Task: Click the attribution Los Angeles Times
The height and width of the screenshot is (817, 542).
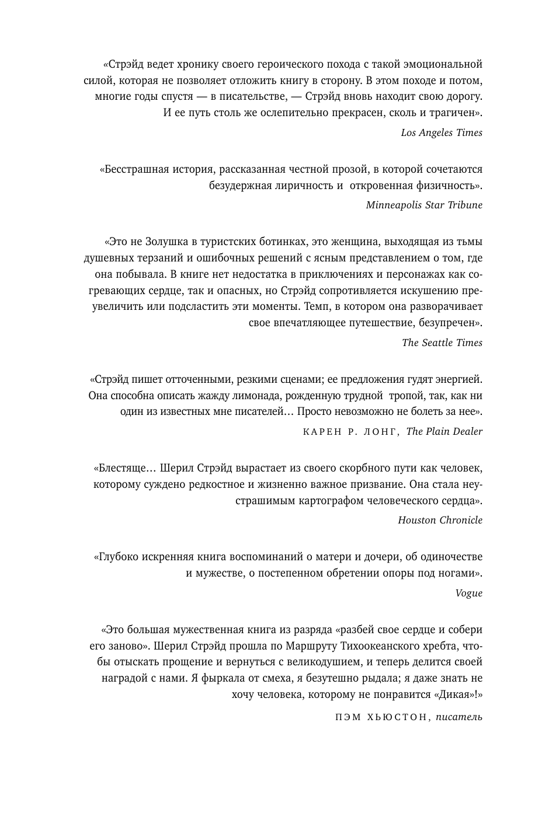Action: tap(442, 132)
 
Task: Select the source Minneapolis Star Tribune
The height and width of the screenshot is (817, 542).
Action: tap(424, 205)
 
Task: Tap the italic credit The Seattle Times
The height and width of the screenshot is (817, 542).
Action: tap(442, 343)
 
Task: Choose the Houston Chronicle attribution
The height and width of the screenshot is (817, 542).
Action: tap(440, 520)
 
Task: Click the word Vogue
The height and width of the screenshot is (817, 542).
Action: tap(468, 593)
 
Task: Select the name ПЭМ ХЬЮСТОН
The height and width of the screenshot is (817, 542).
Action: tap(381, 717)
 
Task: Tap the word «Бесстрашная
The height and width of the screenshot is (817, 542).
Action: tap(134, 169)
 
